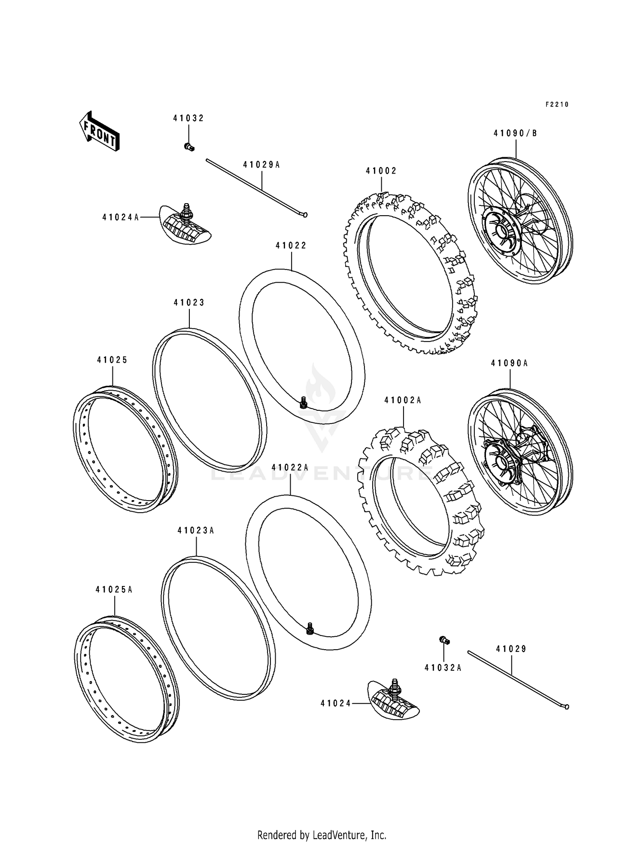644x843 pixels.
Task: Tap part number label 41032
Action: point(188,119)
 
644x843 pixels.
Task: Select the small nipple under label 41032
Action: point(189,147)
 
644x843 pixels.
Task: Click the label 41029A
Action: point(261,165)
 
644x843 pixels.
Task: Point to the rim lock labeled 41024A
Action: point(186,225)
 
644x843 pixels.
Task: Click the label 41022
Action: point(291,246)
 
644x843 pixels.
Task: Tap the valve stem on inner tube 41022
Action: point(303,402)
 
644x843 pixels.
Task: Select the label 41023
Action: point(189,303)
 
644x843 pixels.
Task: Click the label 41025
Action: point(112,360)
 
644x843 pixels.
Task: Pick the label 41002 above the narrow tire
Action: point(381,171)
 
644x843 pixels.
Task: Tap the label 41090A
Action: point(510,363)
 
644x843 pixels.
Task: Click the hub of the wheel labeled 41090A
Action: point(501,462)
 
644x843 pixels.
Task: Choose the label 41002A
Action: point(403,400)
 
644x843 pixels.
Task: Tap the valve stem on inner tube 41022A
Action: point(309,629)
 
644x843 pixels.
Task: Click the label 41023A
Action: point(196,531)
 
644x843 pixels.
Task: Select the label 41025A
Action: point(114,590)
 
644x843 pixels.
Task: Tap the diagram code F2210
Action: point(557,104)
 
